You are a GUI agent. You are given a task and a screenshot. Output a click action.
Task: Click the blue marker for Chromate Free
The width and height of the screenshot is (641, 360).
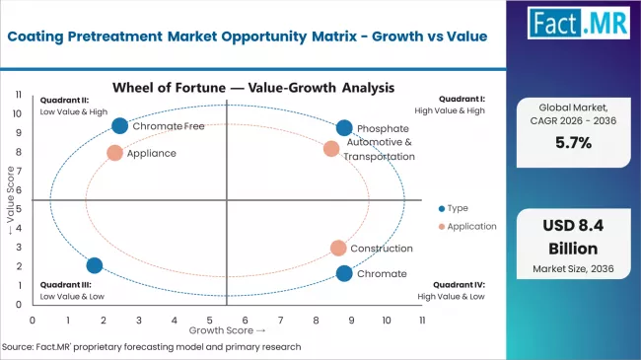(119, 125)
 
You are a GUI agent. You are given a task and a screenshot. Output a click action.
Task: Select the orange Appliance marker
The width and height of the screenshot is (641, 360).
(114, 153)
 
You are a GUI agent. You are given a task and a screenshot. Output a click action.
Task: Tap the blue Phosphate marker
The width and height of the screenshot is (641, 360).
(343, 128)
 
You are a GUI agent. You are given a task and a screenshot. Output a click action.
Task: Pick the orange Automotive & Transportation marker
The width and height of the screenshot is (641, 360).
(331, 149)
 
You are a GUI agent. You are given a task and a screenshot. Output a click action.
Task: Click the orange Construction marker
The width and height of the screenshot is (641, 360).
(338, 248)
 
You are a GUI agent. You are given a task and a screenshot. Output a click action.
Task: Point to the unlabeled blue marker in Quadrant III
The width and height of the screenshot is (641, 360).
(94, 265)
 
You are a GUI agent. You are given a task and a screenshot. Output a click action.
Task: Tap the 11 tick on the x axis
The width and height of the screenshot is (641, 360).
(422, 321)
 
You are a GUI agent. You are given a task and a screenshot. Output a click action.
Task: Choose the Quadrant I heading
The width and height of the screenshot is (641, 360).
(463, 99)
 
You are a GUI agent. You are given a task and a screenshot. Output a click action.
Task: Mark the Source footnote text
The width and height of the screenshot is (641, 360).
(153, 347)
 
